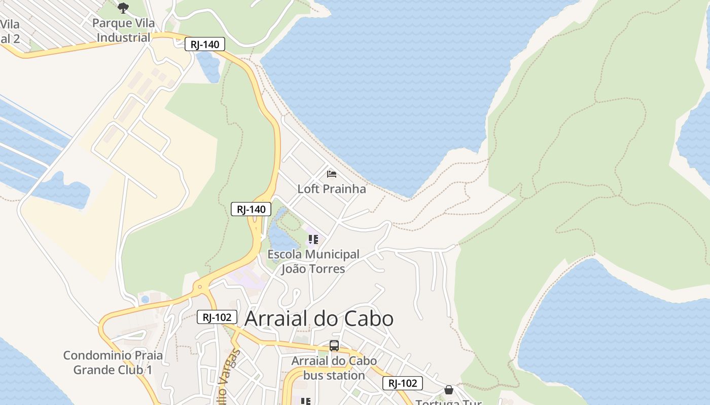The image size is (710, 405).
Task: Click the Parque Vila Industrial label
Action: pyautogui.click(x=124, y=30)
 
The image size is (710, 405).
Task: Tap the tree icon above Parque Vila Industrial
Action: pyautogui.click(x=123, y=8)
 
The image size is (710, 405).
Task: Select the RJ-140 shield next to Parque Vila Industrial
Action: pyautogui.click(x=204, y=45)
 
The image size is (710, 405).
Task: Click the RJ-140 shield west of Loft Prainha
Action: pyautogui.click(x=251, y=209)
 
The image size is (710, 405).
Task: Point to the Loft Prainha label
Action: pyautogui.click(x=332, y=189)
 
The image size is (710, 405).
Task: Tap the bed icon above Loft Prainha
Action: pyautogui.click(x=332, y=175)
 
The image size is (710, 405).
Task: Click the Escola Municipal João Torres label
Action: pyautogui.click(x=313, y=261)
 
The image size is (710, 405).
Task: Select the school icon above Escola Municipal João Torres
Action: pyautogui.click(x=313, y=239)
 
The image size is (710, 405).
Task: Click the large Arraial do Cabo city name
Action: pyautogui.click(x=319, y=318)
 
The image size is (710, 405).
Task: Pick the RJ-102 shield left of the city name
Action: pyautogui.click(x=217, y=317)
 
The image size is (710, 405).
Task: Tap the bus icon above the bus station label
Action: pyautogui.click(x=334, y=346)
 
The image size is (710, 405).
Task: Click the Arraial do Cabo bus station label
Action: pyautogui.click(x=334, y=368)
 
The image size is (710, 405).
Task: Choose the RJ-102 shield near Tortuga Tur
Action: pyautogui.click(x=403, y=383)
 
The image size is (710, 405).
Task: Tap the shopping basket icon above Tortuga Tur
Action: pyautogui.click(x=449, y=390)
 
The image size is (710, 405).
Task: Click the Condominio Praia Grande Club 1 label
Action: pyautogui.click(x=113, y=362)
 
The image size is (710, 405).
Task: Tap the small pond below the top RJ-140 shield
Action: pyautogui.click(x=208, y=66)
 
